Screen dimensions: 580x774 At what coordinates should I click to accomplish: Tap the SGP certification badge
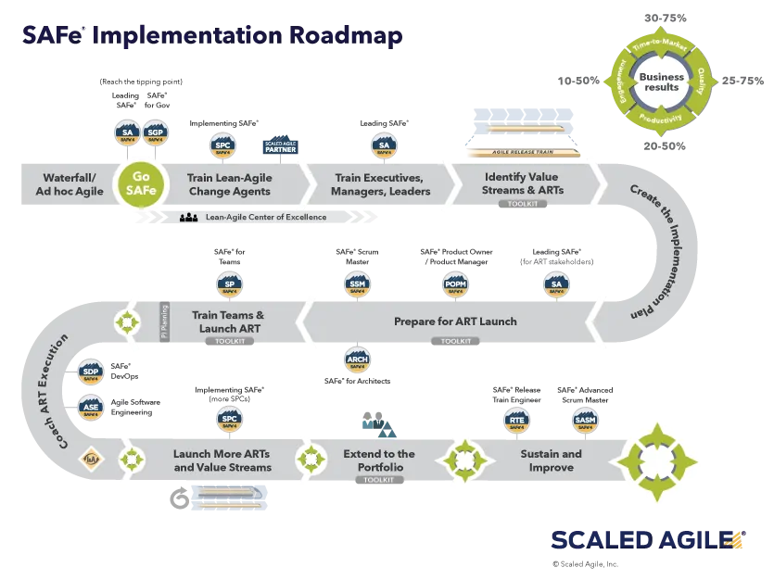pos(155,132)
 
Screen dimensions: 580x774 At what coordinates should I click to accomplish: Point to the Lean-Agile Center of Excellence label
pos(263,218)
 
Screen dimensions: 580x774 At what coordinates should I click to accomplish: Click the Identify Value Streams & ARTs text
pos(523,183)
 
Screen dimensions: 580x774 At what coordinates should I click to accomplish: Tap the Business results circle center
pos(660,82)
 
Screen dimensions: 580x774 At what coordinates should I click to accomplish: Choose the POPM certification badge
pos(454,284)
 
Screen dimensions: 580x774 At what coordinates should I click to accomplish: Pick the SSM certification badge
pos(357,284)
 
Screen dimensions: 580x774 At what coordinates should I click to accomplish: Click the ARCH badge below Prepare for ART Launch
pos(357,359)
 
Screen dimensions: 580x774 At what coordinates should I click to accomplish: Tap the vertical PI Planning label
pos(164,322)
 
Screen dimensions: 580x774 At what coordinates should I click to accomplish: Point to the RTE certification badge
pos(516,420)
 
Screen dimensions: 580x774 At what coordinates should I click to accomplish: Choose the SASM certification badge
pos(585,420)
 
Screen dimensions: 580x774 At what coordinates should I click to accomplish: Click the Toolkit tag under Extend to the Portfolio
pos(378,480)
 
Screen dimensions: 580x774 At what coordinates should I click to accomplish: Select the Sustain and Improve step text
pos(551,460)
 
